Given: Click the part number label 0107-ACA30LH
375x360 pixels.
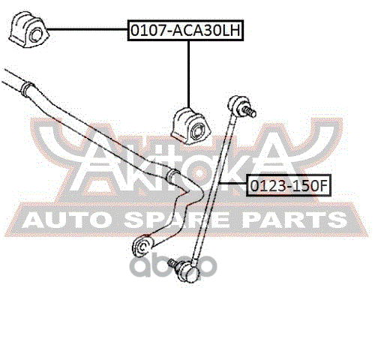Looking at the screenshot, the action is tap(185, 30).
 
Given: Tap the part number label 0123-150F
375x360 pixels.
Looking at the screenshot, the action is tap(289, 186).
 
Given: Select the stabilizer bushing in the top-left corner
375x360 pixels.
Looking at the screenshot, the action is tap(28, 30).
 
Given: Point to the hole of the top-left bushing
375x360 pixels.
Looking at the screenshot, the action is tap(35, 35).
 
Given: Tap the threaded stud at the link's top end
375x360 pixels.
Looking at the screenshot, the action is tap(248, 112).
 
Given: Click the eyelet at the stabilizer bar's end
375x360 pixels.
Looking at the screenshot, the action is tap(142, 247).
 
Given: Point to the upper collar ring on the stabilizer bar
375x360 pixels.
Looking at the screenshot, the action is tap(27, 88).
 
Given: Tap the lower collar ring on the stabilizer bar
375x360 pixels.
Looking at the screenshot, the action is tap(172, 177).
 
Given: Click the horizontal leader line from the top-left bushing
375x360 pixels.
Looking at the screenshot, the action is tap(88, 30).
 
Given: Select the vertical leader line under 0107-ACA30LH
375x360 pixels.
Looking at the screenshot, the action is tap(188, 74).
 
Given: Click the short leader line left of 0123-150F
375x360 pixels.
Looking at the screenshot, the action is tap(232, 184).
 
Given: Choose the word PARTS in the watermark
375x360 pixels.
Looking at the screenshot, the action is tap(295, 220).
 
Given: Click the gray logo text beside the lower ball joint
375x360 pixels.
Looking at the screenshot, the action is tap(172, 265).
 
